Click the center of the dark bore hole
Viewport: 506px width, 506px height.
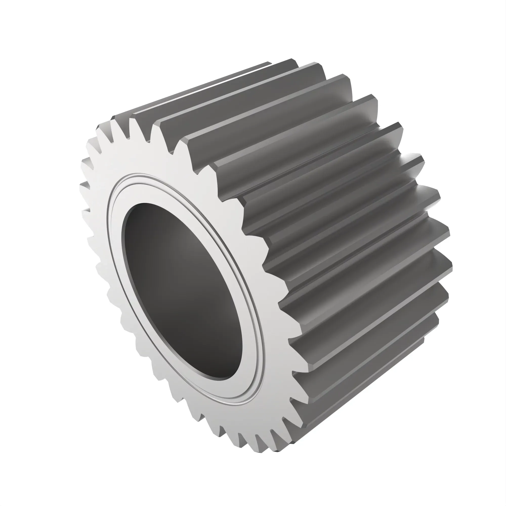[183, 291]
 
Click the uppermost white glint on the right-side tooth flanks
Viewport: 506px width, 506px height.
[405, 157]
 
